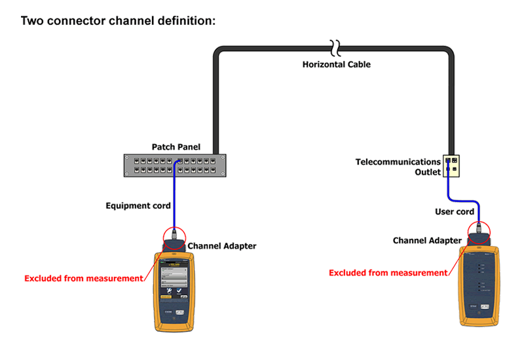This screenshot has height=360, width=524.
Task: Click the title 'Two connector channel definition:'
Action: coord(118,20)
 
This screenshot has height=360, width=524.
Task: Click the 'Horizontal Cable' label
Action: coord(336,64)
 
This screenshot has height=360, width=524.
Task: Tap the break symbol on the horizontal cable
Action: coord(335,48)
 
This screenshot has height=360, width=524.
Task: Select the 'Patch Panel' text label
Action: coord(176,147)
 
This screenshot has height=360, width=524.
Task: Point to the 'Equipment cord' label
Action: coord(138,206)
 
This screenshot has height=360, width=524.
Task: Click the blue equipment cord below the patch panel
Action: coord(174,196)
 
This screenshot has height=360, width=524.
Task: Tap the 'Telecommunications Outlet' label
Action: coord(398,167)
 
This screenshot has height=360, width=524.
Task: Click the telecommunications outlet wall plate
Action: coord(451,166)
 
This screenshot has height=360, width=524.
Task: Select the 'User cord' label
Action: coord(455,211)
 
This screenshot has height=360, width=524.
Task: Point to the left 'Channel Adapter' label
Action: coord(222,246)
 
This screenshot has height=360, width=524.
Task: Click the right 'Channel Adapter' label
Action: coord(427,240)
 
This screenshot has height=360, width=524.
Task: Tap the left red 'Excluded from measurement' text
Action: coord(83,278)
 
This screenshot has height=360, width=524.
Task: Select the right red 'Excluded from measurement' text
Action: coord(388,272)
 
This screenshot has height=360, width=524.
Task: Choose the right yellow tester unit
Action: coord(480,281)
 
